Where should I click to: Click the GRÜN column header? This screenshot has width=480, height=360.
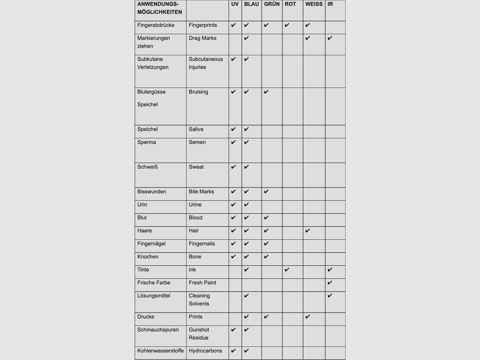click(272, 4)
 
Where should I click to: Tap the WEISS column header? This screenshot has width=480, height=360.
click(314, 4)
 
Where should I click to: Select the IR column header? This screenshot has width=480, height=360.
click(330, 4)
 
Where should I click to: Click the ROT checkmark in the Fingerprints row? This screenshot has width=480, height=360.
click(287, 25)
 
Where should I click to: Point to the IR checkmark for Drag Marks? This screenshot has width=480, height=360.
click(330, 38)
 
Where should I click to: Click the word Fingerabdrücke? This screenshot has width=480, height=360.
click(156, 25)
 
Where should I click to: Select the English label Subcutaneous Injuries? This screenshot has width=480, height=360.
click(206, 63)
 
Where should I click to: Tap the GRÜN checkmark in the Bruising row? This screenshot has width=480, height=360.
click(266, 92)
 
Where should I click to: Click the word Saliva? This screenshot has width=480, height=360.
click(196, 129)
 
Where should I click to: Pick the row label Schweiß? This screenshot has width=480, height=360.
click(147, 167)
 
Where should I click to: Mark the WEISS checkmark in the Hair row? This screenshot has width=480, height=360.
click(307, 231)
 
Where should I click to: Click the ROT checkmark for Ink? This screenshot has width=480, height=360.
click(287, 270)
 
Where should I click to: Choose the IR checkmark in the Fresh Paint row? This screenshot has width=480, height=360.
click(330, 283)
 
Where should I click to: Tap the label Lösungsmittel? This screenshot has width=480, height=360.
click(154, 296)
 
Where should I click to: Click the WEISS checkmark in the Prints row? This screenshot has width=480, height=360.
click(307, 317)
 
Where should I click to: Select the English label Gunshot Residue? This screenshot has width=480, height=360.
click(199, 334)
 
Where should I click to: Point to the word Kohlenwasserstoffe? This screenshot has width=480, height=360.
click(160, 351)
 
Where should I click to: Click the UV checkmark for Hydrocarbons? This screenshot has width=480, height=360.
click(233, 351)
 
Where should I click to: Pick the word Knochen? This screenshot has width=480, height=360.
click(148, 257)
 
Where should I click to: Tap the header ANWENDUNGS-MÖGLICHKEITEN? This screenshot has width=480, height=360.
click(160, 8)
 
